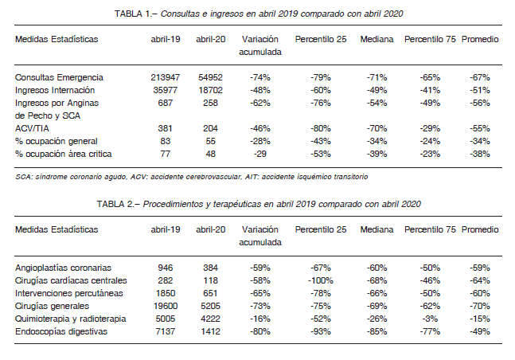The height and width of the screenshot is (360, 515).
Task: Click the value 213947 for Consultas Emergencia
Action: click(x=166, y=77)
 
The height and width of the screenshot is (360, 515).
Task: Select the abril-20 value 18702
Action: click(x=210, y=90)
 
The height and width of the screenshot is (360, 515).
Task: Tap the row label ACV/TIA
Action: click(x=32, y=128)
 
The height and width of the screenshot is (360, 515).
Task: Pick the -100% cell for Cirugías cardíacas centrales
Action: click(x=321, y=280)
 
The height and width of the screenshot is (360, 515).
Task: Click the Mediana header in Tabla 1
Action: click(x=376, y=39)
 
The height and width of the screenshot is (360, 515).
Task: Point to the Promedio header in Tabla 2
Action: click(x=480, y=229)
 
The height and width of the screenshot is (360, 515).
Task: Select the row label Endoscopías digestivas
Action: click(x=61, y=331)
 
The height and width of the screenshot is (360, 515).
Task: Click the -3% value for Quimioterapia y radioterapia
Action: click(x=430, y=319)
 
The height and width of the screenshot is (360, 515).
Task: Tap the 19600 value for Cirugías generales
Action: click(x=166, y=306)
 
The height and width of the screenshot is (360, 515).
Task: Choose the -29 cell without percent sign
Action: click(x=260, y=154)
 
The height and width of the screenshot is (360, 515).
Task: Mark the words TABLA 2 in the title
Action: click(x=115, y=204)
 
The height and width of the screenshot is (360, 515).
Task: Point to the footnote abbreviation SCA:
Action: click(x=24, y=177)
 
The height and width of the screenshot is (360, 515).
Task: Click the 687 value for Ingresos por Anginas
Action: click(x=166, y=103)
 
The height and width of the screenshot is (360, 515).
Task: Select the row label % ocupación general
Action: click(x=57, y=141)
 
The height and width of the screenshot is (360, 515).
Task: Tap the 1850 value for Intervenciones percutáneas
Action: click(x=166, y=293)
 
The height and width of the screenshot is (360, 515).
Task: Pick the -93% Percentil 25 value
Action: click(x=321, y=331)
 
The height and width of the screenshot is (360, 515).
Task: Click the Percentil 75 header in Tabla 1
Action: click(x=430, y=39)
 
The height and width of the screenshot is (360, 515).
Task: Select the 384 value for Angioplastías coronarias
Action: click(x=210, y=268)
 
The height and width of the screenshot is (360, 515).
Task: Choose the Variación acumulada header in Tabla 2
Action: click(x=260, y=236)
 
